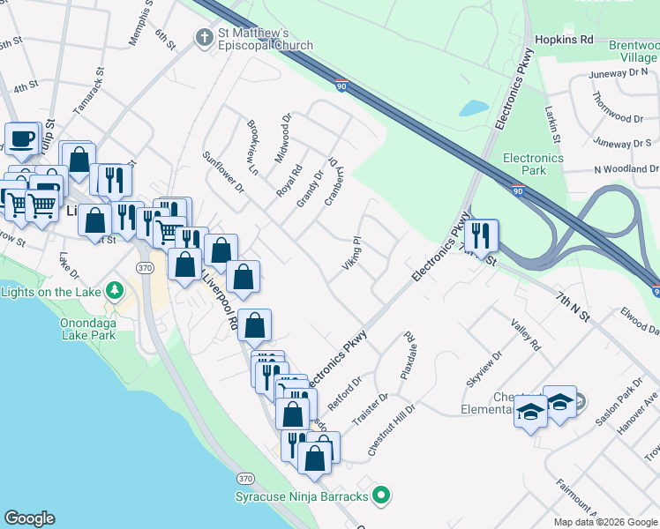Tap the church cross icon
click(202, 37)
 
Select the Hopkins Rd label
click(564, 41)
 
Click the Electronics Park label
click(533, 164)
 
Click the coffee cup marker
click(22, 139)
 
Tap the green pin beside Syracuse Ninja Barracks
click(381, 497)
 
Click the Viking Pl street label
click(352, 253)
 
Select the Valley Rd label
click(524, 336)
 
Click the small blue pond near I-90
click(473, 108)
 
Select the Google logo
click(29, 518)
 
